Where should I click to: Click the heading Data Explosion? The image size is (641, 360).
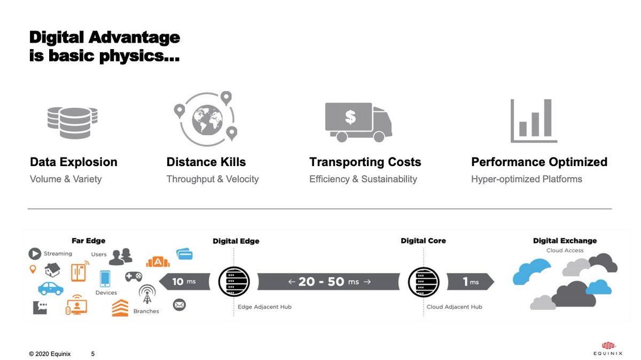click(74, 162)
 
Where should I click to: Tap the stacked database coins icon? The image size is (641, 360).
click(72, 122)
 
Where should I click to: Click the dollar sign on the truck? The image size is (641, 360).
click(350, 117)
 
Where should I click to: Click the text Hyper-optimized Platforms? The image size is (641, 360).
click(527, 179)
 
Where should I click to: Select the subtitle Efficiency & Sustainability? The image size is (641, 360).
click(363, 179)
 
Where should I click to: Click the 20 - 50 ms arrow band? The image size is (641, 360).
click(329, 281)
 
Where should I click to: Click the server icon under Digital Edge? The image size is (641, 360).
click(234, 281)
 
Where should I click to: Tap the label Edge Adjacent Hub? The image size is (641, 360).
click(265, 307)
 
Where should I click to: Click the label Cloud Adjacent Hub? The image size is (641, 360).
click(454, 307)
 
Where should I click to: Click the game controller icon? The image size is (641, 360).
click(134, 276)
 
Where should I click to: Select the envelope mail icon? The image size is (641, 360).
click(179, 305)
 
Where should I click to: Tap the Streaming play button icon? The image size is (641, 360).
click(35, 254)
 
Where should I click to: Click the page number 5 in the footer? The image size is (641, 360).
click(93, 354)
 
